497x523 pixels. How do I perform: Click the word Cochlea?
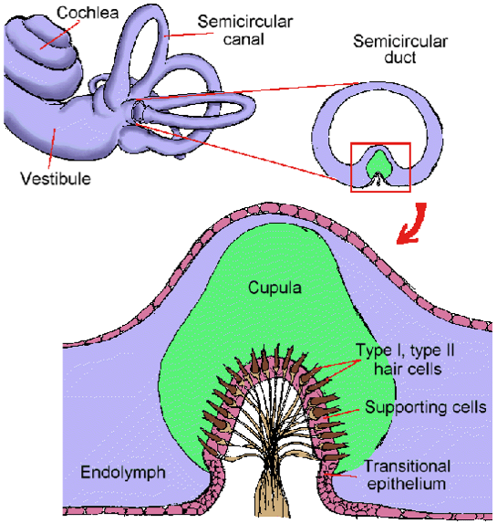click(88, 13)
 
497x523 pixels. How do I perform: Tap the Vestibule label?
click(56, 179)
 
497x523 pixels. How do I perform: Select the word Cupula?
click(274, 288)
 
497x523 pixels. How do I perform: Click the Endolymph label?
click(123, 473)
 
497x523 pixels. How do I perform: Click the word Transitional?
click(407, 466)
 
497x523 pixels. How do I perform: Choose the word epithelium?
click(407, 484)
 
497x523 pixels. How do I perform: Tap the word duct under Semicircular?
click(399, 58)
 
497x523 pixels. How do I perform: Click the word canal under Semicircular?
click(243, 39)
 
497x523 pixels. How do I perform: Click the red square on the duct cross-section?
click(380, 143)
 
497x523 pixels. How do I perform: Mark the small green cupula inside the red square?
click(378, 164)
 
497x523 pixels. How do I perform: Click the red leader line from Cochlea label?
click(60, 35)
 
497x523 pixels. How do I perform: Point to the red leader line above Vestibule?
click(51, 148)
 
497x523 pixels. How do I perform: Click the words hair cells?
click(408, 370)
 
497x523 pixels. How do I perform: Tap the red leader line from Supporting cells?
click(342, 413)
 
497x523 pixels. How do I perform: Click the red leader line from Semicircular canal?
click(189, 34)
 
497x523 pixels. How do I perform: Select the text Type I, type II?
click(405, 351)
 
